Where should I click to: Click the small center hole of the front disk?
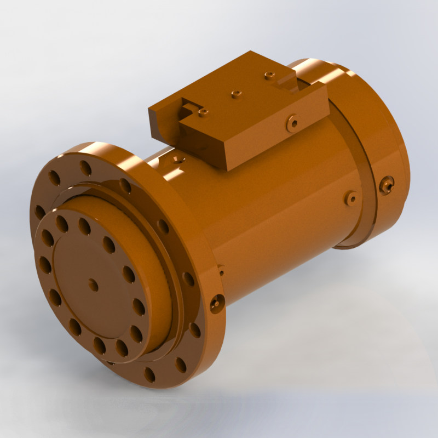click(93, 285)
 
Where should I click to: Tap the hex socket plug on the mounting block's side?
click(293, 123)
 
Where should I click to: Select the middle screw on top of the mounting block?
click(235, 94)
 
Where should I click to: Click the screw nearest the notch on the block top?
click(203, 112)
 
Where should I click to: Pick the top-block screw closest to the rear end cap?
click(268, 75)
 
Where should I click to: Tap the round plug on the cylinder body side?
click(350, 198)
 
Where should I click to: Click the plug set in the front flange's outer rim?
click(217, 301)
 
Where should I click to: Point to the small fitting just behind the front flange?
click(221, 270)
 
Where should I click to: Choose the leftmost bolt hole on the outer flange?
click(40, 211)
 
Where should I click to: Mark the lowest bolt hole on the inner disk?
click(100, 345)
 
